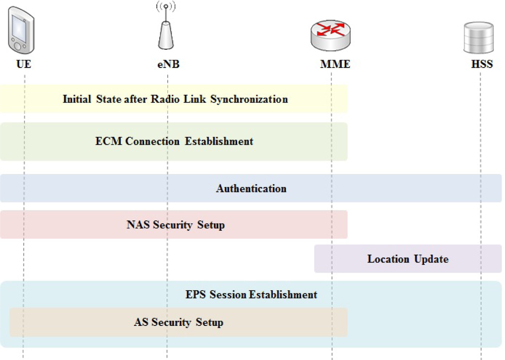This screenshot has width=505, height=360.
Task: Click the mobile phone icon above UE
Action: click(x=21, y=31)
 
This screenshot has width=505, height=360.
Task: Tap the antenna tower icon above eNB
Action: click(x=166, y=35)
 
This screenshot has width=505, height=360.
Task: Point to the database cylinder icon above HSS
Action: click(x=478, y=38)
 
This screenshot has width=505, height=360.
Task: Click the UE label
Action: click(x=24, y=64)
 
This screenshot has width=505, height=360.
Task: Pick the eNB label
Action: click(x=168, y=64)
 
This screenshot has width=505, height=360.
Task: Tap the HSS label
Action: click(x=482, y=64)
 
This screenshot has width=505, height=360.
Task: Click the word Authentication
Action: click(x=251, y=188)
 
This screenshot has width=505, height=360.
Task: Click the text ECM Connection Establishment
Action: click(x=174, y=142)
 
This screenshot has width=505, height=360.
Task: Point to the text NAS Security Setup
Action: click(x=176, y=225)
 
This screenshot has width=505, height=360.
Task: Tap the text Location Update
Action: click(x=408, y=259)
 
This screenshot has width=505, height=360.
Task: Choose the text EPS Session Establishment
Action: click(x=251, y=295)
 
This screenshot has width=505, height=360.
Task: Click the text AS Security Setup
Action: click(x=179, y=323)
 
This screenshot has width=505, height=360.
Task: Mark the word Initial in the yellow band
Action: click(x=77, y=99)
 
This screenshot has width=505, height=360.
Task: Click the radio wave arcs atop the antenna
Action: click(x=166, y=7)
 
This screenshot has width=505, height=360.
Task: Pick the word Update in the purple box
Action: click(x=432, y=259)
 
